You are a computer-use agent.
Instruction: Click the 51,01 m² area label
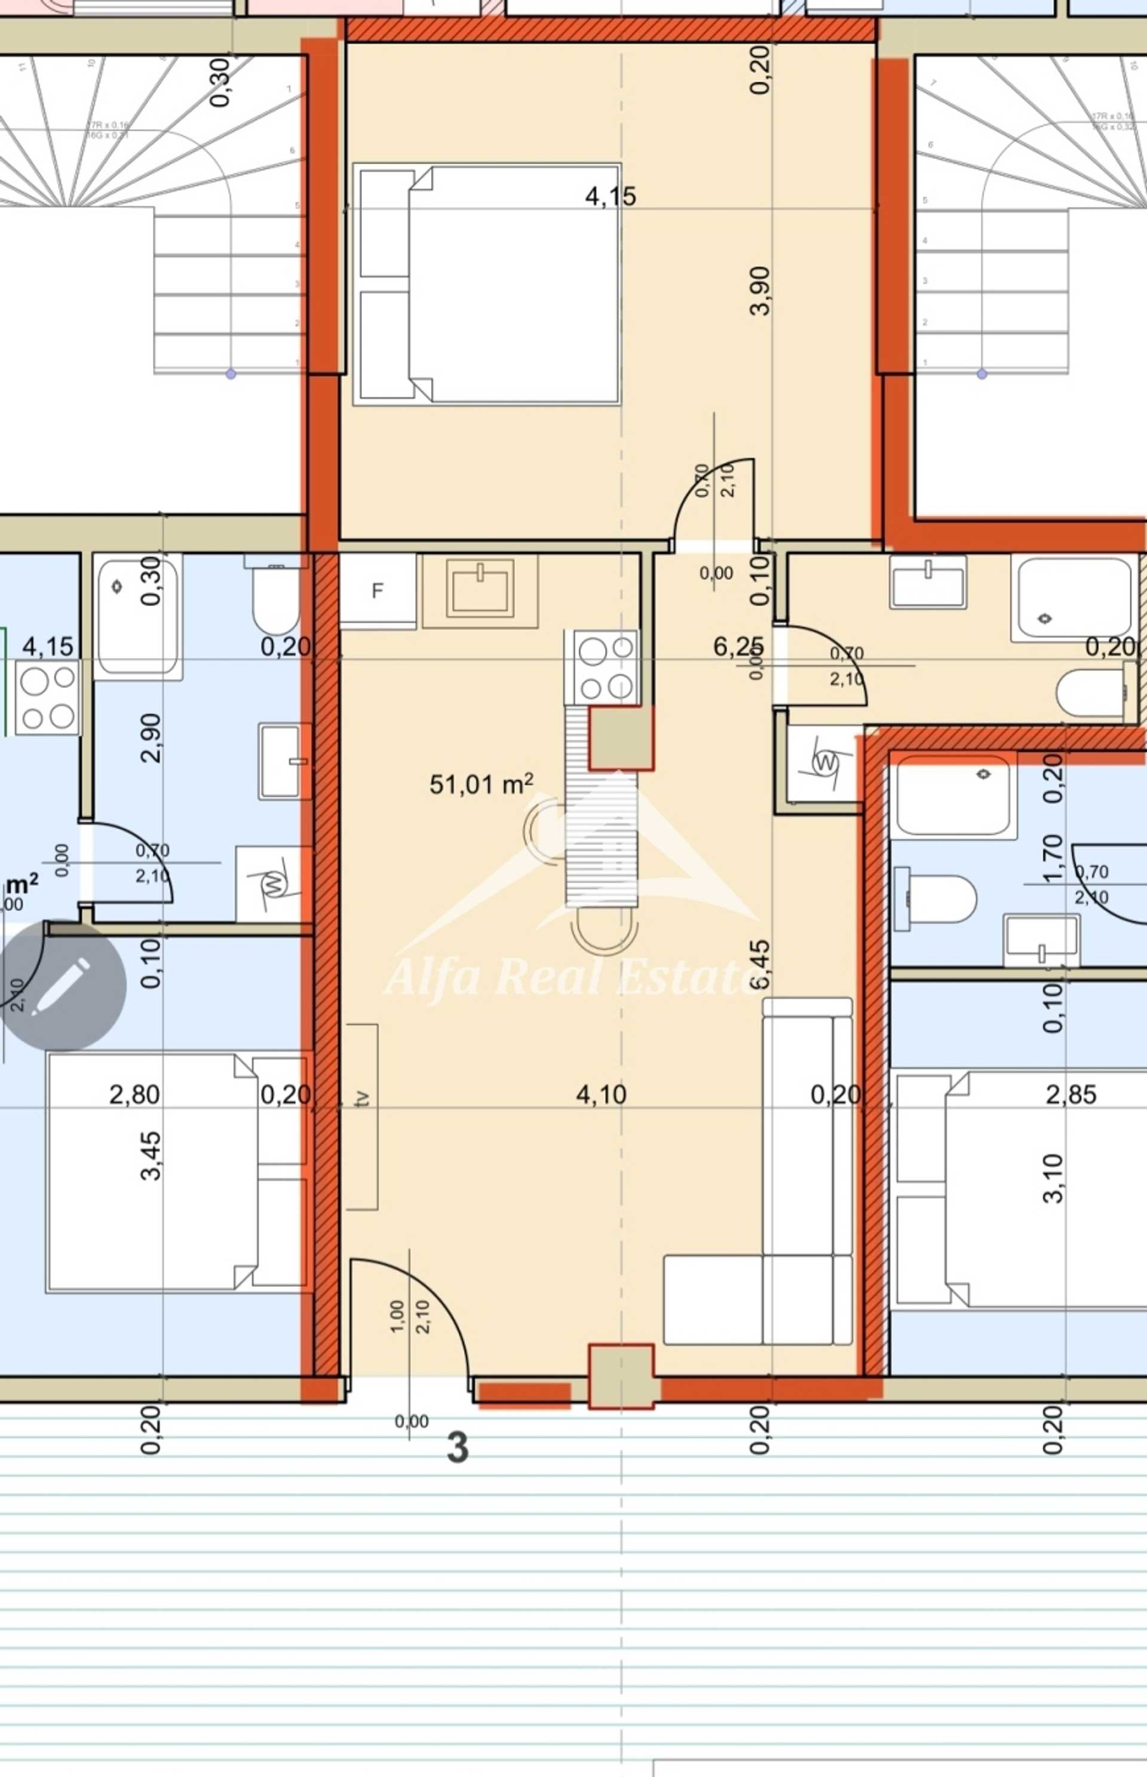(x=481, y=785)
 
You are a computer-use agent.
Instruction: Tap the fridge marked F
(x=378, y=591)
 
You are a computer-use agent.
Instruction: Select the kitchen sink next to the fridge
(x=480, y=589)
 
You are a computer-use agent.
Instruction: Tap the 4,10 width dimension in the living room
(x=601, y=1094)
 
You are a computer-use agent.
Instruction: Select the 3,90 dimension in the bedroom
(x=760, y=291)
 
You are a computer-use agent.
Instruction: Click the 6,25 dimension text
(x=737, y=647)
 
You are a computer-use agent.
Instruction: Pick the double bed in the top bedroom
(x=487, y=284)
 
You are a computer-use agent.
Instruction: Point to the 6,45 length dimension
(x=760, y=967)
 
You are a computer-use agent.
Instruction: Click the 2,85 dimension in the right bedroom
(x=1071, y=1094)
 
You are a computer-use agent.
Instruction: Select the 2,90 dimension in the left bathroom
(x=151, y=738)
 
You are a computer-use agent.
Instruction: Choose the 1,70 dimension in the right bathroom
(x=1053, y=858)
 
